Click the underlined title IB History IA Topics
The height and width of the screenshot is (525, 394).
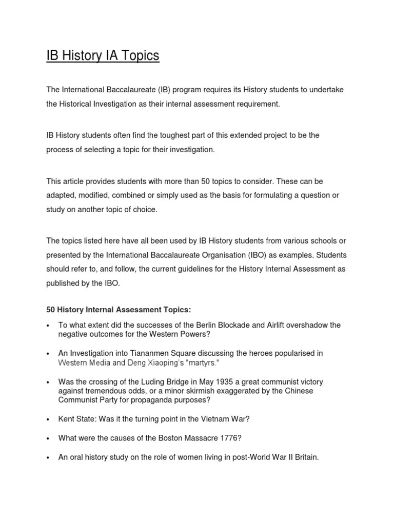pyautogui.click(x=103, y=55)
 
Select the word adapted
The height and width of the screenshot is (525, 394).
pyautogui.click(x=62, y=196)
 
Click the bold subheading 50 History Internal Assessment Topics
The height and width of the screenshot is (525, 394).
pyautogui.click(x=118, y=310)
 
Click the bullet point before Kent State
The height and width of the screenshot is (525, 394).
pyautogui.click(x=47, y=419)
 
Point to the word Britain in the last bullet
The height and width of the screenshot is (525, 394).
pyautogui.click(x=303, y=457)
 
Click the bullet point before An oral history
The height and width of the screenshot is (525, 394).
pyautogui.click(x=47, y=457)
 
